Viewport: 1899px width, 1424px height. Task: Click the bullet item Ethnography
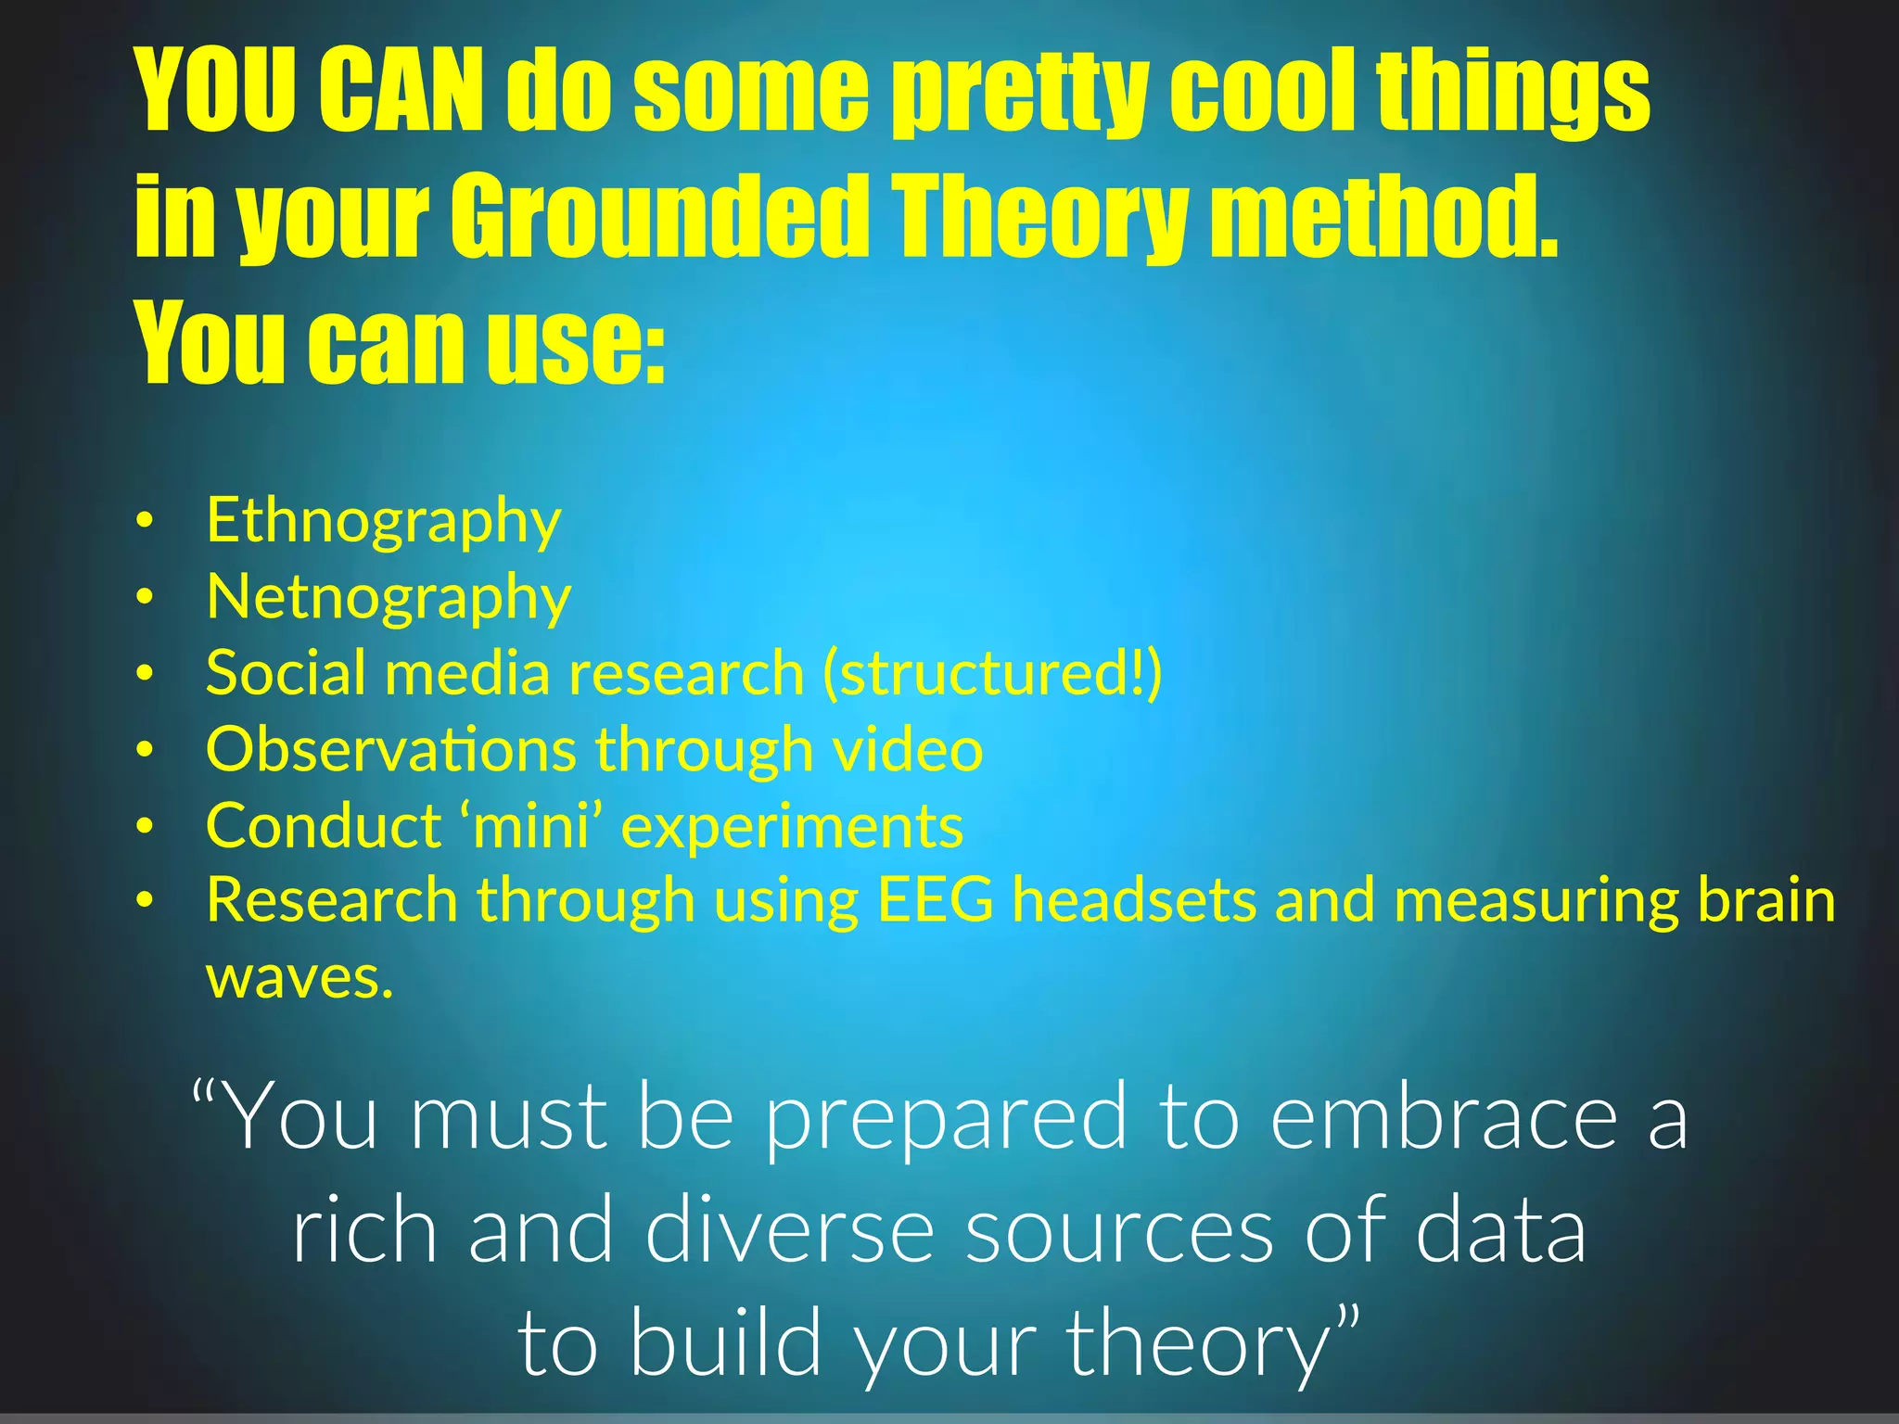click(383, 521)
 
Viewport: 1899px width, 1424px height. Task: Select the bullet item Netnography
click(389, 598)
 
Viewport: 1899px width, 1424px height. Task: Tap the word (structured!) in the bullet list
click(992, 674)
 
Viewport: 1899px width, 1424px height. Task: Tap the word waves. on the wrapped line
click(300, 978)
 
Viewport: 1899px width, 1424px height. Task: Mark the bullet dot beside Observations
click(144, 749)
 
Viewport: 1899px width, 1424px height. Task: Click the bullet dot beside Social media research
click(144, 674)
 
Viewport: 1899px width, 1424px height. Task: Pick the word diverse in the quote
click(789, 1231)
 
